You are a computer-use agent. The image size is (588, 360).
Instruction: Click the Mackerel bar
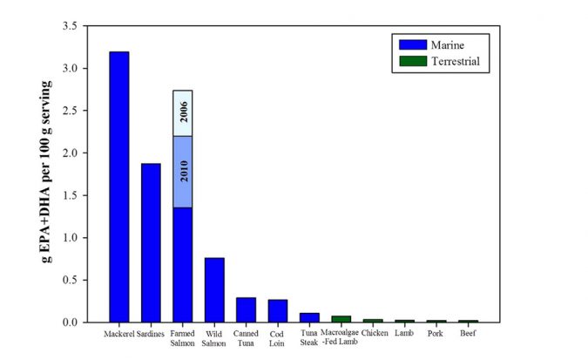pyautogui.click(x=118, y=187)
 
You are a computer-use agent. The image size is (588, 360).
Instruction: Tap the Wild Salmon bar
pyautogui.click(x=214, y=289)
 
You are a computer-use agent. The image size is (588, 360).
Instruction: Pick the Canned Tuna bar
pyautogui.click(x=246, y=309)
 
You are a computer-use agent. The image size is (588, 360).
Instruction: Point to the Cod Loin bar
pyautogui.click(x=278, y=310)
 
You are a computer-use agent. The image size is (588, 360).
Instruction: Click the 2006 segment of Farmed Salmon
pyautogui.click(x=182, y=112)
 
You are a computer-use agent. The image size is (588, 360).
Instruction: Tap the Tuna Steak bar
pyautogui.click(x=309, y=317)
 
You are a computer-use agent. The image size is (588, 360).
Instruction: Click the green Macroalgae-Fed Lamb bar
pyautogui.click(x=341, y=319)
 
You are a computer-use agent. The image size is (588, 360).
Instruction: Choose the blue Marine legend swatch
pyautogui.click(x=412, y=44)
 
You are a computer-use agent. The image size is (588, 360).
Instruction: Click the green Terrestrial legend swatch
pyautogui.click(x=412, y=61)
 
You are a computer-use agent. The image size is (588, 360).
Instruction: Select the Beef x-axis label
pyautogui.click(x=469, y=333)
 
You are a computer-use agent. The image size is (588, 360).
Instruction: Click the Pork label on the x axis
pyautogui.click(x=436, y=333)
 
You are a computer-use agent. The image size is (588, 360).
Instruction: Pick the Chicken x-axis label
pyautogui.click(x=373, y=333)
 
